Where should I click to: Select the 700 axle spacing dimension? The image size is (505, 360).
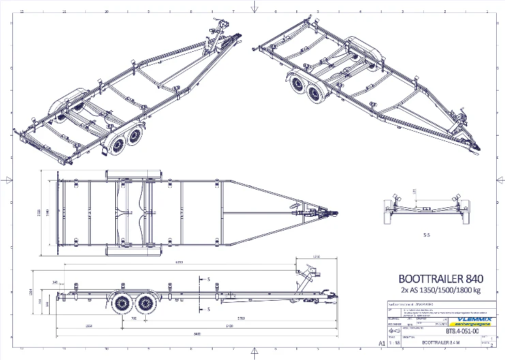pos(134,318)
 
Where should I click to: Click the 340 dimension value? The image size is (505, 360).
pos(54,281)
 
